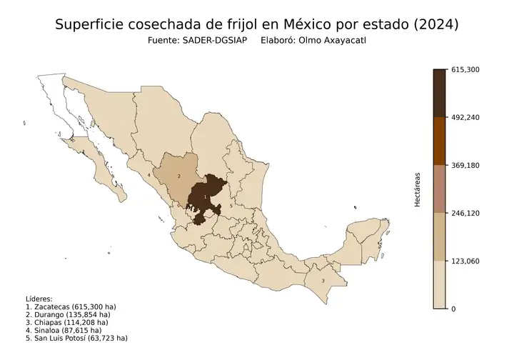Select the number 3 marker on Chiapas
pos(323,281)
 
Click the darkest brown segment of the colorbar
pos(440,93)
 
